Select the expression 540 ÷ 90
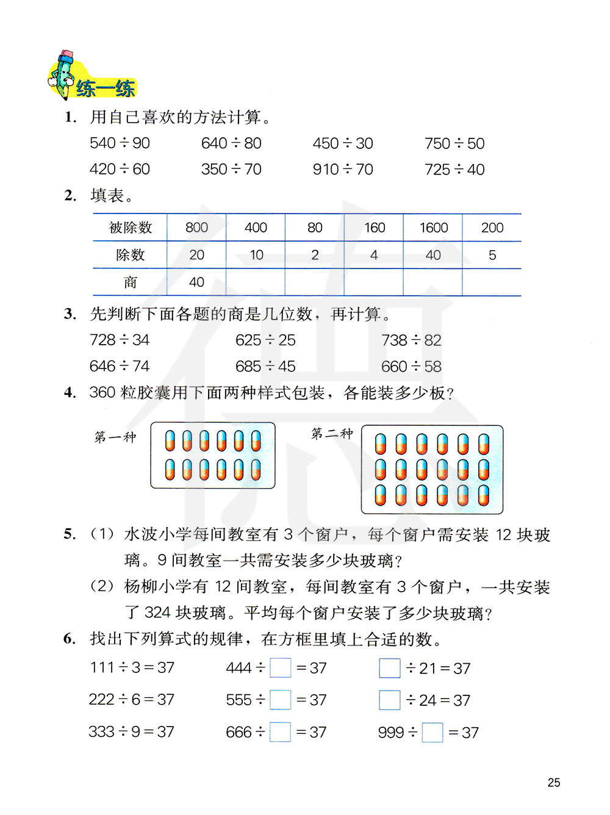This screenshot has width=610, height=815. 120,143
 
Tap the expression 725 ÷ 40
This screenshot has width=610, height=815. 454,170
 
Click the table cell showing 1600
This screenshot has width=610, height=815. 433,228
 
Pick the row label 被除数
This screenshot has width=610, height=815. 130,228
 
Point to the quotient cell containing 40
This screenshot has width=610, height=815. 196,282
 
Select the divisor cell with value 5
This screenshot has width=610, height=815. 492,255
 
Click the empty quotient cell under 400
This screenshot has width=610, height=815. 256,282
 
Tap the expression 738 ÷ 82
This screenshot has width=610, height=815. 411,340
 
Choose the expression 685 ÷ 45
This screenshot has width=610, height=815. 265,367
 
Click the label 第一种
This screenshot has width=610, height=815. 115,437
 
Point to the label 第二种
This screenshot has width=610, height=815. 332,433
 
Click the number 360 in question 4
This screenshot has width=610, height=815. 102,392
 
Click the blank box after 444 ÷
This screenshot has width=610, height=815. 281,668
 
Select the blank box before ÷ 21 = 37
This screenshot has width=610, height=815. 390,668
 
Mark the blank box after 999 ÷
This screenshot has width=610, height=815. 432,732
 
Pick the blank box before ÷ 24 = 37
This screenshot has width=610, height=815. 390,700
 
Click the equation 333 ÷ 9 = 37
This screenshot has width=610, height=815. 132,731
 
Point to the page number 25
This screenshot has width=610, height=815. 554,783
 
